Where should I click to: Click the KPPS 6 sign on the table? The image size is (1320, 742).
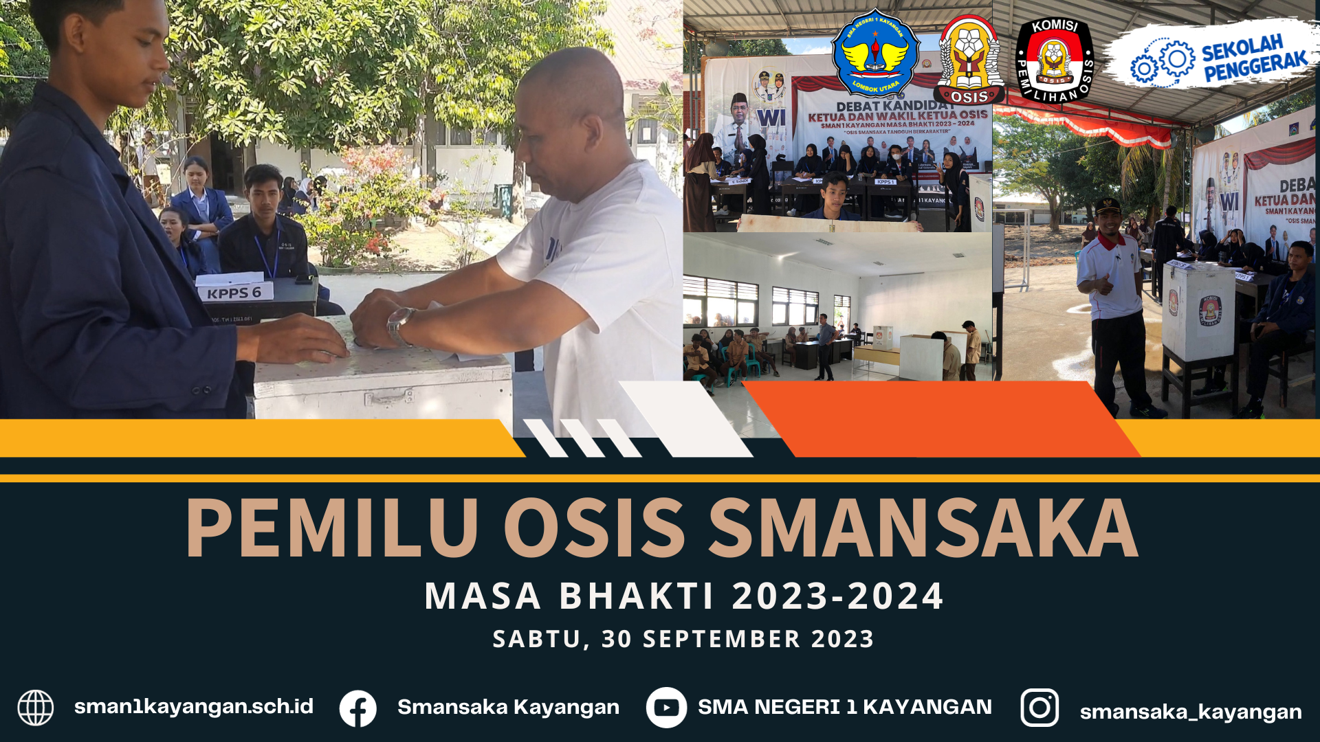(x=234, y=292)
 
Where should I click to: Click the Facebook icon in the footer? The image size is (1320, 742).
(x=358, y=708)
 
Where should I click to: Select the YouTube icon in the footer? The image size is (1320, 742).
(x=666, y=708)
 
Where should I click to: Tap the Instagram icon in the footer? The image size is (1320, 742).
(x=1039, y=708)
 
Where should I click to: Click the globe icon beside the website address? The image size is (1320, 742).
(x=36, y=708)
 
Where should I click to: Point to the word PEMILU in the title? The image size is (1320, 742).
(x=332, y=527)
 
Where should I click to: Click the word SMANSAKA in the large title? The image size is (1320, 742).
(x=923, y=527)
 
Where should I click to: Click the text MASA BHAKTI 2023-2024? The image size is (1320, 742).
(x=684, y=596)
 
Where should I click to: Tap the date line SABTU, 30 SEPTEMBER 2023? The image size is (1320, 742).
(x=683, y=639)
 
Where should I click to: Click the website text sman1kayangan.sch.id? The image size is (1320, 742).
(x=194, y=706)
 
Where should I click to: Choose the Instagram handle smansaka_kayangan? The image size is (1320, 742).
(x=1191, y=712)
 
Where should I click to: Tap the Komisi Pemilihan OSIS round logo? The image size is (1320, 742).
(x=1055, y=60)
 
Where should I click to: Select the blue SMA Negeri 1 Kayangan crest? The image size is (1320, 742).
(x=876, y=54)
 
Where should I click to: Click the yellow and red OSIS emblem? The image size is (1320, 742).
(x=969, y=60)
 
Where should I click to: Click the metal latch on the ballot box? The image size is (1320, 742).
(x=388, y=397)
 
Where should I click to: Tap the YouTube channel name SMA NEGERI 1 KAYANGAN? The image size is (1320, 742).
(x=845, y=706)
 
